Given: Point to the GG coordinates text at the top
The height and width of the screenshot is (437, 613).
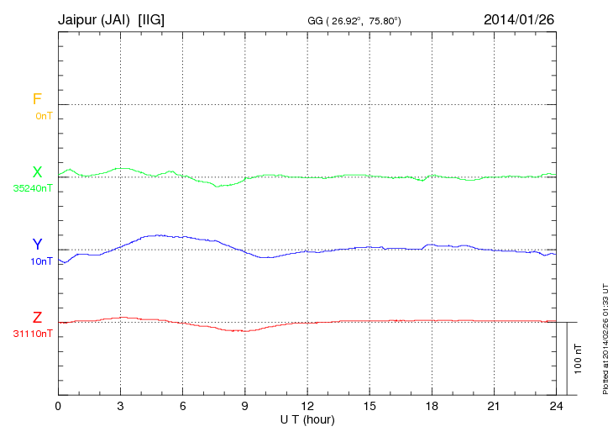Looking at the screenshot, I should (x=355, y=19).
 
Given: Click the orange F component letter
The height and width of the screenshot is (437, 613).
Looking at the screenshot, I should (x=37, y=99).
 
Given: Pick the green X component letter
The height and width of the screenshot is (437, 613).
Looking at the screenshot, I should (x=37, y=172).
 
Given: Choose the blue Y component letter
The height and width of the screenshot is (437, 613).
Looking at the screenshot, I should (x=37, y=245).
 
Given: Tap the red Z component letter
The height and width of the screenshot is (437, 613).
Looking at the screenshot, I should (x=37, y=318).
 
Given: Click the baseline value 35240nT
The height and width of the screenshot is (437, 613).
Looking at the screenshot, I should (x=33, y=188).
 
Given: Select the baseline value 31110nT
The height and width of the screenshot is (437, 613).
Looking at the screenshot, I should (x=33, y=334).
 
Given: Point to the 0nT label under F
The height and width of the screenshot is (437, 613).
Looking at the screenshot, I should (x=44, y=115).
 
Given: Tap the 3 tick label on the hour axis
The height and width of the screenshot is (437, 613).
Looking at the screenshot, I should (x=121, y=406).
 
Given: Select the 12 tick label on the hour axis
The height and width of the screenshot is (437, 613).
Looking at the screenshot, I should (x=307, y=406).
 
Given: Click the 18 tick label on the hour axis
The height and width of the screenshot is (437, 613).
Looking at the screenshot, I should (x=432, y=406).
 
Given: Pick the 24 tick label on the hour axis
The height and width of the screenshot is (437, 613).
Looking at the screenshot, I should (x=556, y=406).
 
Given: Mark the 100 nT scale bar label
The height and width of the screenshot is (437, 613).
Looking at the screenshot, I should (x=579, y=359).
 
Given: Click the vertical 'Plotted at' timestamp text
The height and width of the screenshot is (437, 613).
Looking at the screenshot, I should (x=605, y=337).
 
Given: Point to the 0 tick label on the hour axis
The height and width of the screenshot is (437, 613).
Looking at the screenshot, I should (x=59, y=406).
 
